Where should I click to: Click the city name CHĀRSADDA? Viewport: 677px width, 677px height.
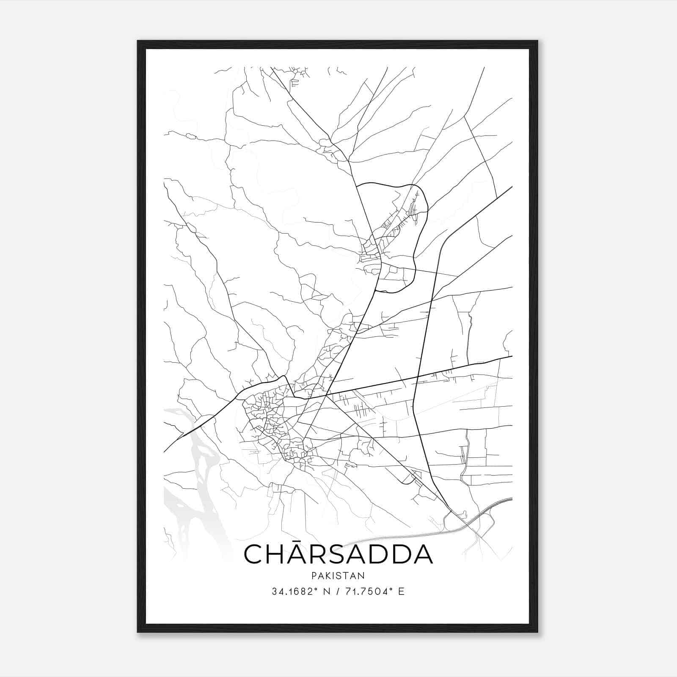coord(338,554)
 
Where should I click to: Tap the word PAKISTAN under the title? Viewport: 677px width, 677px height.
coord(338,576)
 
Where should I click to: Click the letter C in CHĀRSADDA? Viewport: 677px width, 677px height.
coord(254,555)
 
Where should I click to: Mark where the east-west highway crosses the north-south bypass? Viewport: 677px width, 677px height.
coord(418,376)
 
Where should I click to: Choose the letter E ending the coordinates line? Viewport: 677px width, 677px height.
coord(402,592)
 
